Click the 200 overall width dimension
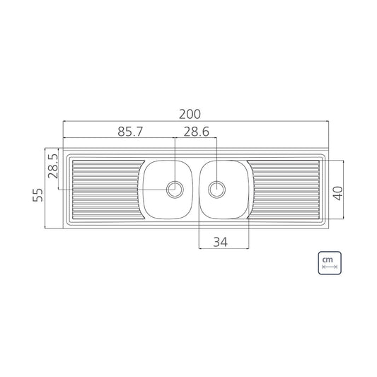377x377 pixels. point(190,115)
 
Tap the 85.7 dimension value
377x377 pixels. point(130,132)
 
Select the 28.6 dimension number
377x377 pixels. point(197,132)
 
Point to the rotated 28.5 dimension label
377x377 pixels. point(53,166)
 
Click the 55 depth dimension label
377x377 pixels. point(37,195)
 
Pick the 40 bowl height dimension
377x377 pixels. point(337,193)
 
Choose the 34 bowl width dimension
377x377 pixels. point(220,242)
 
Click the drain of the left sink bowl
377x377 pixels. point(175,190)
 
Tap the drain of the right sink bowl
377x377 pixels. point(217,190)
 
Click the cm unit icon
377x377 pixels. point(330,263)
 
